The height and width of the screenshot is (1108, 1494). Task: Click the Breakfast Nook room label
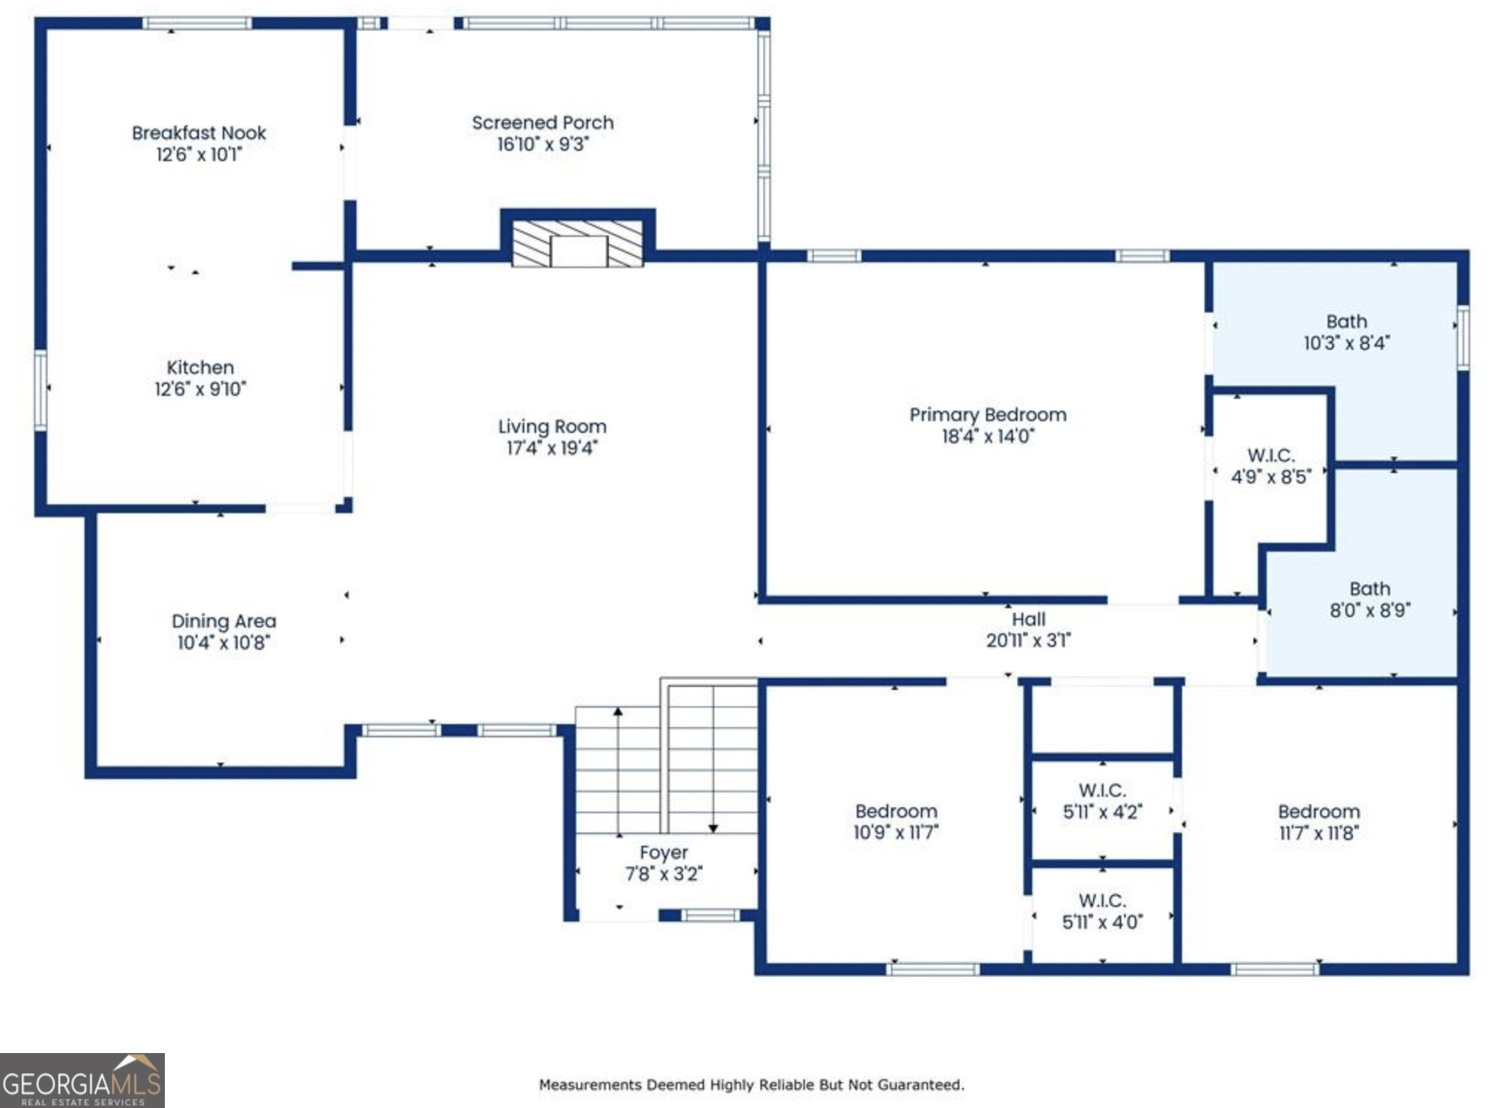pos(199,133)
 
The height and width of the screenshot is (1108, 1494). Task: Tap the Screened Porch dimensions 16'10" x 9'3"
pos(543,144)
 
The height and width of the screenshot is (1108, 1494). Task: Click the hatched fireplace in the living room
pos(578,242)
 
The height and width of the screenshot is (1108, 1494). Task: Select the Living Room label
pos(552,426)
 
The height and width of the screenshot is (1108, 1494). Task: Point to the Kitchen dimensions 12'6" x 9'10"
pos(200,389)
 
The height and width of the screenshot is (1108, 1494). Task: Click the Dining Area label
pos(224,621)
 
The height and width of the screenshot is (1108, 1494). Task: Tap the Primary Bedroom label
pos(988,414)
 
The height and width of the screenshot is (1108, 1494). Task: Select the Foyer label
pos(664,853)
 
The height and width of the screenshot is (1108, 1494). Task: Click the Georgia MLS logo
pos(82,1081)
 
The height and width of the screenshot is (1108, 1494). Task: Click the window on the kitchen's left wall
pos(41,390)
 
